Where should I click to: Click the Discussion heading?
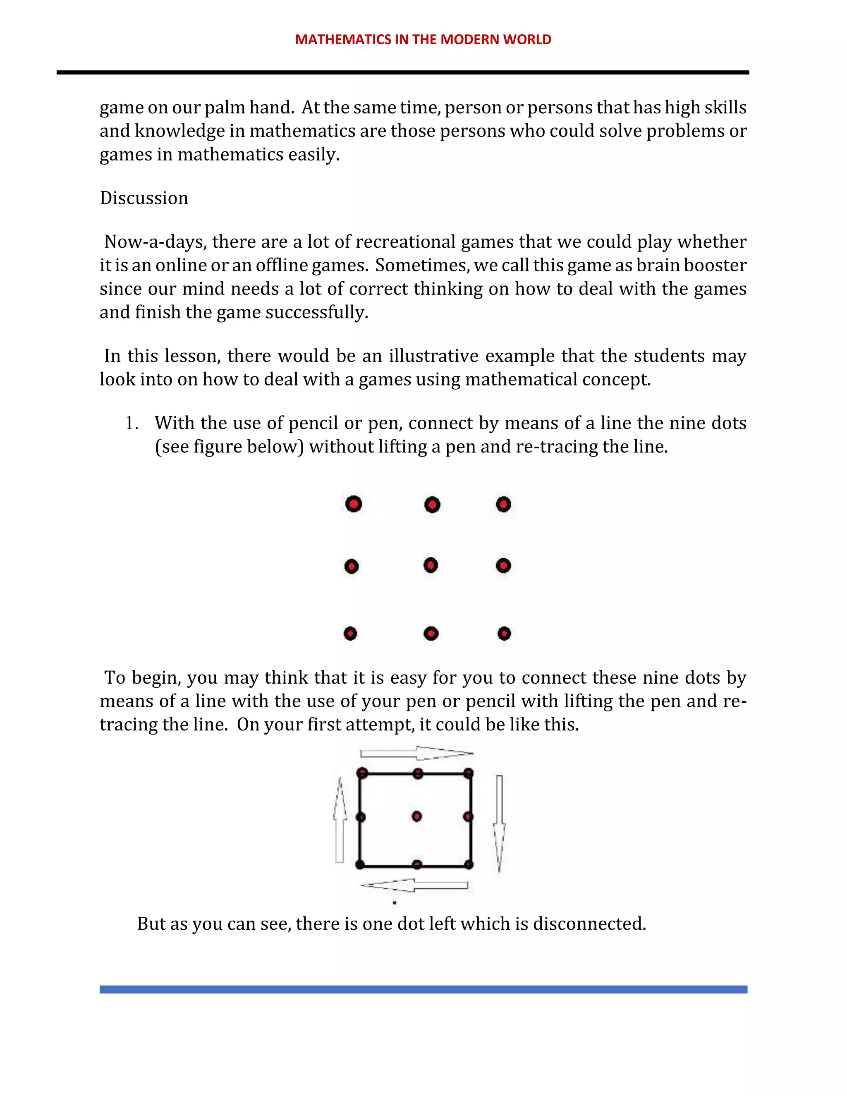(144, 198)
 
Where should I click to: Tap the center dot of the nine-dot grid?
(431, 565)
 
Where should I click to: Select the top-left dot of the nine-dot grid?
(354, 504)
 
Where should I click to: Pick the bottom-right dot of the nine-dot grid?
(504, 634)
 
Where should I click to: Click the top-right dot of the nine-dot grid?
(503, 504)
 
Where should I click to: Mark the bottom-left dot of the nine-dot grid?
(350, 634)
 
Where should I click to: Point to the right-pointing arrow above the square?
(417, 753)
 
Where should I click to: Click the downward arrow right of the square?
(499, 823)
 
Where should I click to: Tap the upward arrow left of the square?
(340, 821)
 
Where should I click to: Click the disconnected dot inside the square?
(416, 816)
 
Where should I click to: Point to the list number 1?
(132, 423)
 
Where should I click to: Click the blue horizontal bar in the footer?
(423, 989)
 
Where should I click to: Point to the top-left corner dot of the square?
(362, 773)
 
